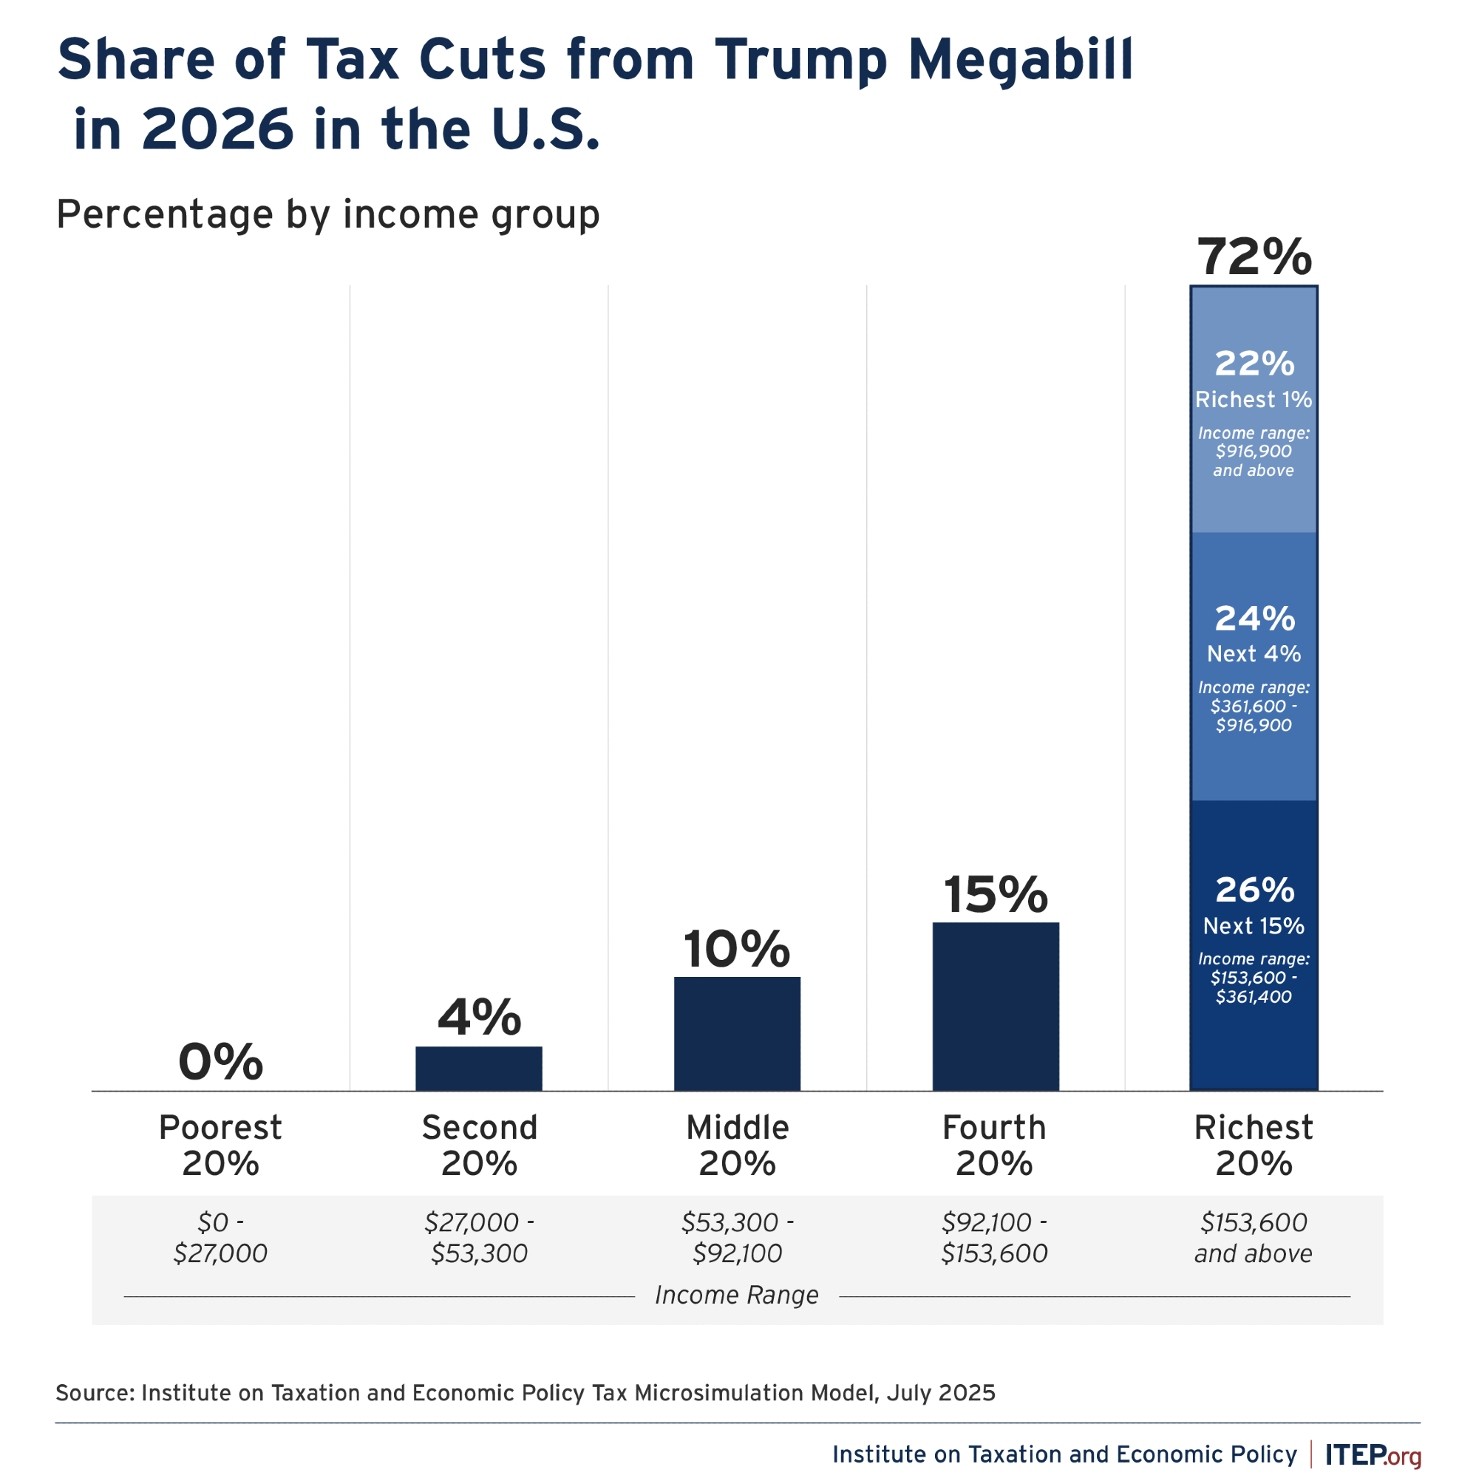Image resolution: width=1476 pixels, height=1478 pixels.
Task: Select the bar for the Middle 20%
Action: pyautogui.click(x=737, y=1034)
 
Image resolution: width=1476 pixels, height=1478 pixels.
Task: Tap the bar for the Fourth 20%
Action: pyautogui.click(x=995, y=1006)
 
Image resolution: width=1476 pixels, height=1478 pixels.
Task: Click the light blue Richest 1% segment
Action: pyautogui.click(x=1254, y=409)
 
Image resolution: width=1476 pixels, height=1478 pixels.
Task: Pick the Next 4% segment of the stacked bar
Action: pyautogui.click(x=1254, y=666)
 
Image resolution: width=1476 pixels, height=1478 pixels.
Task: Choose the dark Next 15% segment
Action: pyautogui.click(x=1254, y=944)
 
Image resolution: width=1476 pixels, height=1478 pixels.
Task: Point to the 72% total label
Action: pyautogui.click(x=1254, y=258)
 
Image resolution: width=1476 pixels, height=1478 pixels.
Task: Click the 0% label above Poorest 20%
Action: pyautogui.click(x=220, y=1063)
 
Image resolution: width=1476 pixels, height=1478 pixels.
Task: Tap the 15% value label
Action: pyautogui.click(x=995, y=894)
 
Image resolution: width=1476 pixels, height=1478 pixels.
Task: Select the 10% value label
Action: pyautogui.click(x=736, y=950)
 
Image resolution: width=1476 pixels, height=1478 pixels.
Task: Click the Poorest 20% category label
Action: pyautogui.click(x=220, y=1145)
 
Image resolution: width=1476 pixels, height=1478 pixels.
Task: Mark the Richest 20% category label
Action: pyautogui.click(x=1254, y=1145)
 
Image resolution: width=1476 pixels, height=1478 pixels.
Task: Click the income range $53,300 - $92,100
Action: pyautogui.click(x=737, y=1238)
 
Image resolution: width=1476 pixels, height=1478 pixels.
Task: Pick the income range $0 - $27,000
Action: pyautogui.click(x=220, y=1238)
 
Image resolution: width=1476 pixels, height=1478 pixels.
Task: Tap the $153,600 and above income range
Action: pyautogui.click(x=1254, y=1238)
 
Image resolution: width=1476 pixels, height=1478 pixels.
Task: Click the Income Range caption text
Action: pyautogui.click(x=736, y=1295)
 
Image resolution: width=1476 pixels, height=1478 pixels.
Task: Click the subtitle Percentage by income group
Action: pyautogui.click(x=327, y=214)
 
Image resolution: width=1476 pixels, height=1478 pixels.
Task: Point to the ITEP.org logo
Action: pyautogui.click(x=1373, y=1454)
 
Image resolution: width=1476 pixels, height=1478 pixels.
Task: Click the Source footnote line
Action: pyautogui.click(x=525, y=1392)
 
